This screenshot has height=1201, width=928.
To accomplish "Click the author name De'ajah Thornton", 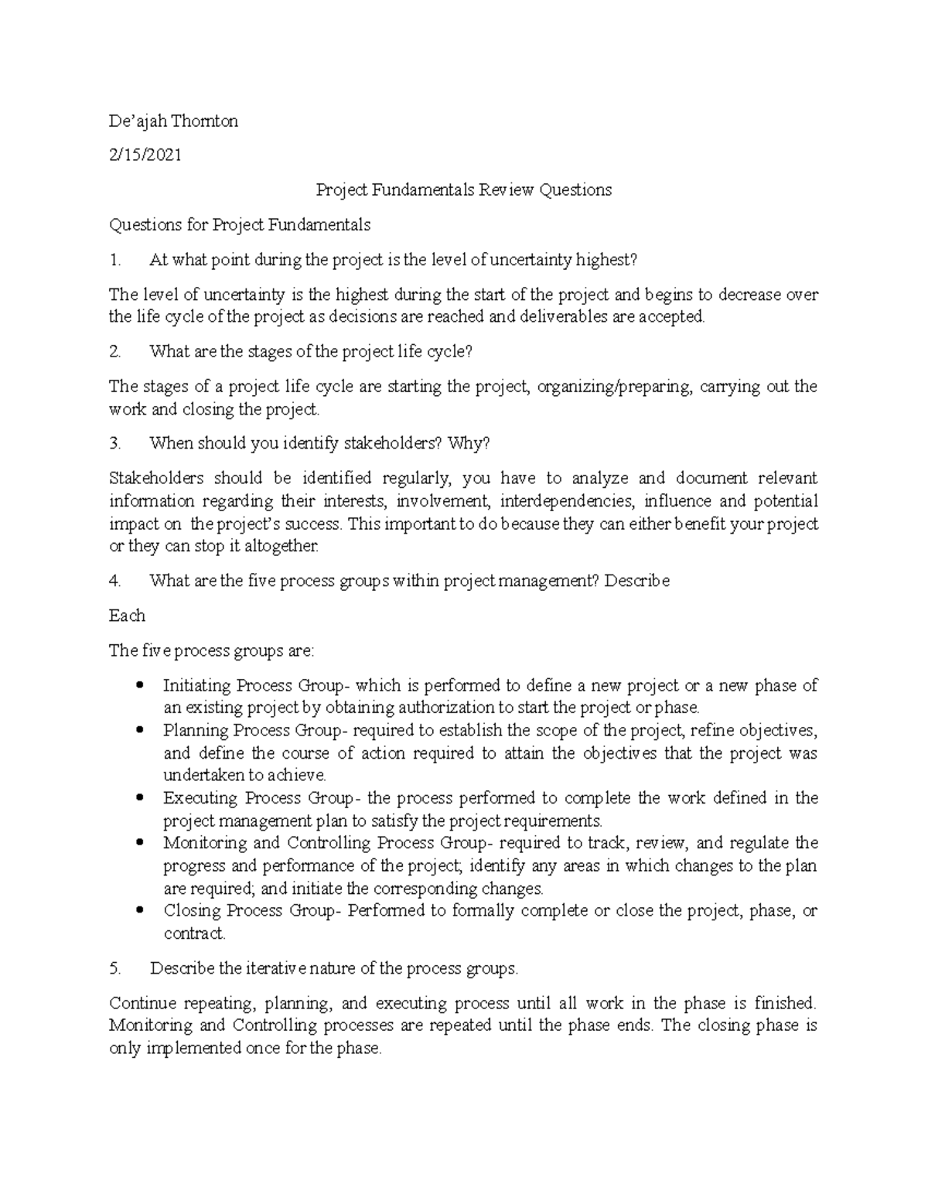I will coord(173,121).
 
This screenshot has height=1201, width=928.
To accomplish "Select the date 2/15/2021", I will coord(145,155).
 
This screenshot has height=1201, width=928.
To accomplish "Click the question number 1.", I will coord(115,260).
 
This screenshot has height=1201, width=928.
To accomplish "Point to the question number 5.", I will coord(115,968).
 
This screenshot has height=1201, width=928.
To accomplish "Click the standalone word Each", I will coord(127,616).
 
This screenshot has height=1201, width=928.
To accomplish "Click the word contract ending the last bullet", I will coord(193,933).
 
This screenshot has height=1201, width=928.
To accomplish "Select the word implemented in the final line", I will coord(193,1049).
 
